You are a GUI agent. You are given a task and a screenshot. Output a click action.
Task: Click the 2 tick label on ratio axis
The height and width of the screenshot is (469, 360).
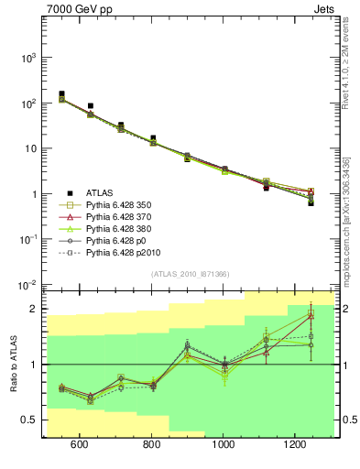coord(34,309)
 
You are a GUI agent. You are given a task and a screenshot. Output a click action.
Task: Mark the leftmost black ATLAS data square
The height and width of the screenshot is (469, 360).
coord(61,94)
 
